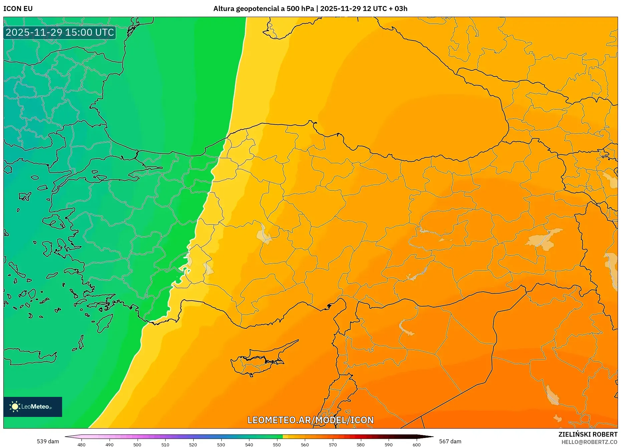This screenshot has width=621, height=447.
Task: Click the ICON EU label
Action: pos(18,9)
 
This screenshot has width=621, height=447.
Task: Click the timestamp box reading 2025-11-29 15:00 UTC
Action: pos(60,32)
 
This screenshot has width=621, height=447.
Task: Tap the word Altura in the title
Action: pos(224,9)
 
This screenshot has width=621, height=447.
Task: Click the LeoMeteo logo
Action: pos(33,407)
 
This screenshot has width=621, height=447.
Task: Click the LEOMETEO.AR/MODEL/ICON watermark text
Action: pos(310,420)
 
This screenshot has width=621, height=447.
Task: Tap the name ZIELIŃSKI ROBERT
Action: pos(588,434)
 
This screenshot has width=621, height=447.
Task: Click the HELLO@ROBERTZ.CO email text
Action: pos(589,442)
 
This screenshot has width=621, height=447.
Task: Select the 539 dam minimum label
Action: pos(48,441)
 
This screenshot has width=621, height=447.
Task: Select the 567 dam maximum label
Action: pos(450,441)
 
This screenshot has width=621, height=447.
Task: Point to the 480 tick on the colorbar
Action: pos(81,445)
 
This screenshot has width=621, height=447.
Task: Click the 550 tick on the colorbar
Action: pos(277,445)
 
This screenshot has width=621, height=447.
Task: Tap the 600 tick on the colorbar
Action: pos(416,445)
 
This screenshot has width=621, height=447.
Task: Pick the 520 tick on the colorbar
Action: pos(193,445)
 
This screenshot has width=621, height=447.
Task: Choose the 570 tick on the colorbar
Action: pos(333,445)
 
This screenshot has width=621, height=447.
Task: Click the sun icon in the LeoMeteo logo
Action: pos(15,407)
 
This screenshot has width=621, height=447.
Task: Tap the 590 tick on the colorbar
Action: pos(388,445)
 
